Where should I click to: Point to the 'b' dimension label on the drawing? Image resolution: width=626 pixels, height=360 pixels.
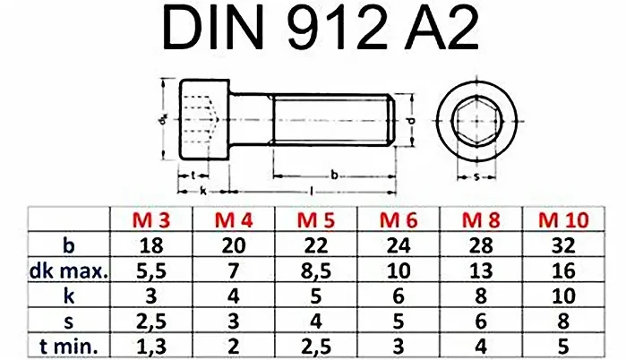(x=334, y=176)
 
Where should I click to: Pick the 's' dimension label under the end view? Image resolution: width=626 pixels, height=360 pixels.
(x=476, y=176)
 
